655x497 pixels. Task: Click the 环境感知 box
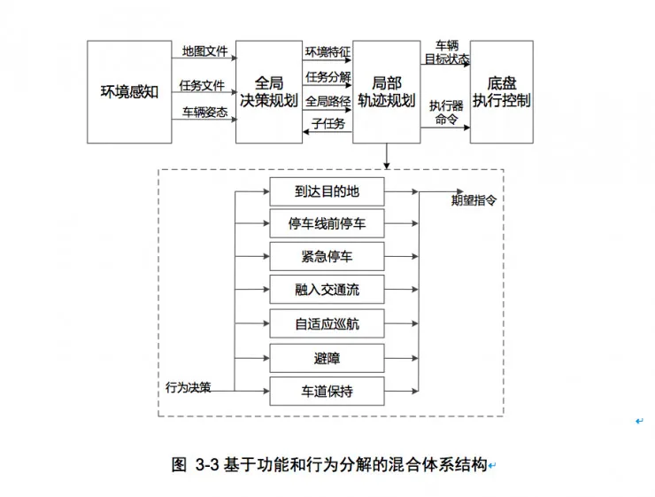pyautogui.click(x=129, y=91)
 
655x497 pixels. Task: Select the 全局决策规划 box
pyautogui.click(x=268, y=91)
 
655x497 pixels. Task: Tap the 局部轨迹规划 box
pyautogui.click(x=386, y=91)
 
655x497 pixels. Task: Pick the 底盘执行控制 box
pyautogui.click(x=501, y=91)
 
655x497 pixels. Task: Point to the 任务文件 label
pyautogui.click(x=202, y=86)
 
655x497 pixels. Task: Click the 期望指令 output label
pyautogui.click(x=474, y=200)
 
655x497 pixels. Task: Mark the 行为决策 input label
pyautogui.click(x=189, y=387)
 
